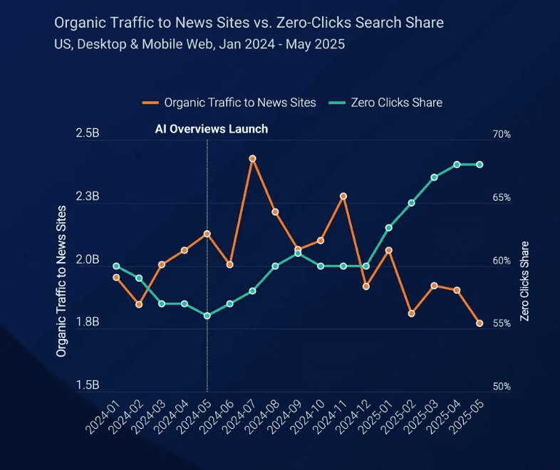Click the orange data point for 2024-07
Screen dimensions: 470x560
pos(252,158)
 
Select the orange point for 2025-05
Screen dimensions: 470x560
pos(479,323)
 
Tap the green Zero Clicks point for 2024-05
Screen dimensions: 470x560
pos(207,315)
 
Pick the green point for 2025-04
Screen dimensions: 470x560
pos(457,164)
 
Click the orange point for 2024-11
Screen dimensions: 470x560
pos(343,196)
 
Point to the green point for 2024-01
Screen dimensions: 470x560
pos(116,266)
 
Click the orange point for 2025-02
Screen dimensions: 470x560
pos(411,313)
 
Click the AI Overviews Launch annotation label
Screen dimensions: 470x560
pos(212,129)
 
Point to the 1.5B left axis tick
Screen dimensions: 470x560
pos(88,386)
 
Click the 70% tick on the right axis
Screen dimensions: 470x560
pos(502,135)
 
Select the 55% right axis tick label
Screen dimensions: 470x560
pos(502,323)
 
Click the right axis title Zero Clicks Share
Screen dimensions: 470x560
pos(525,281)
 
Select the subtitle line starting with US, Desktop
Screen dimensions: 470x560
pos(199,44)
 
